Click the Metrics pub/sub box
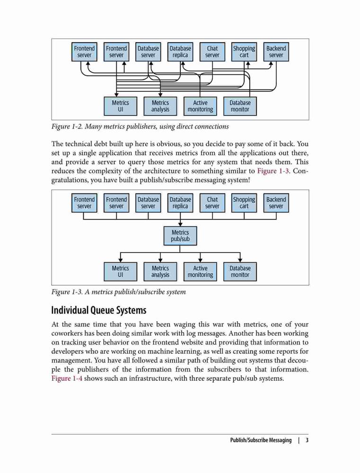180,236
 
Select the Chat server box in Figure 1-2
212,52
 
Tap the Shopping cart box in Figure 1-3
244,203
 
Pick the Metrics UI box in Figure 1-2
121,106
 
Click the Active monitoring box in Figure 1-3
200,272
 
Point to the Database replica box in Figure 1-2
180,52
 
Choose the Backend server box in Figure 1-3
276,203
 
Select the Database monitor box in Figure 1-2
240,106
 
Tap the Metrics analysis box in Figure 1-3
160,272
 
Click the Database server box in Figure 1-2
148,52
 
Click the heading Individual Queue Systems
99,310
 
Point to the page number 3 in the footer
307,440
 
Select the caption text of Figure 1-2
140,126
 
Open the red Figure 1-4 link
67,378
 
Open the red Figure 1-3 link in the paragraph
273,171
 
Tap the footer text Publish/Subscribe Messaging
261,440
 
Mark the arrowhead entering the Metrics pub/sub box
180,224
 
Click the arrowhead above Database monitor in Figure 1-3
240,260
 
